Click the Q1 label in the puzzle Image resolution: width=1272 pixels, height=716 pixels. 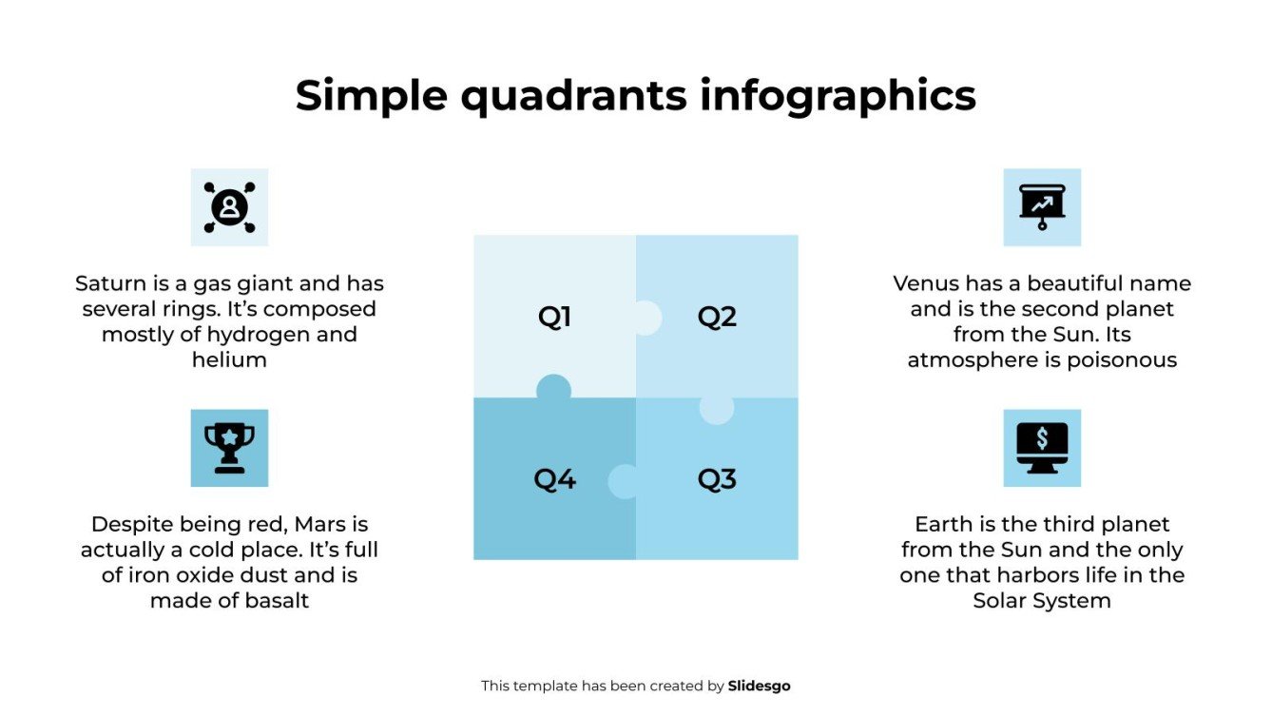[x=554, y=317]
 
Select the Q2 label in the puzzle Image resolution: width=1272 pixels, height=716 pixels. [x=717, y=317]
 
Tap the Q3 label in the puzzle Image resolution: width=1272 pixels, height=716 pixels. [x=717, y=479]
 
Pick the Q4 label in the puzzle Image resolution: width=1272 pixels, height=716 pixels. [x=554, y=479]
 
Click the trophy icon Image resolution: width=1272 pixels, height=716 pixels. [x=229, y=448]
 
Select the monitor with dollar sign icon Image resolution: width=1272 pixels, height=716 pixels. [x=1042, y=448]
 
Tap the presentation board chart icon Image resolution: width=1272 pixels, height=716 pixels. [x=1042, y=206]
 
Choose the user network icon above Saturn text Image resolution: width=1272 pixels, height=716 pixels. [x=229, y=206]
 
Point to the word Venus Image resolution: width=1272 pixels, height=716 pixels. [x=926, y=283]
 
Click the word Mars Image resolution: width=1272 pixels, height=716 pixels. [x=318, y=524]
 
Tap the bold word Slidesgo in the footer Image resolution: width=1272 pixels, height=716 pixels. [x=759, y=686]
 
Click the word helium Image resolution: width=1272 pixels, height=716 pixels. [x=229, y=360]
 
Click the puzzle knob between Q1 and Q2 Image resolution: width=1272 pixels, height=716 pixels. [x=646, y=318]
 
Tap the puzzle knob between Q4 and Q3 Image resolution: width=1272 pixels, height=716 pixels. [x=624, y=481]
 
